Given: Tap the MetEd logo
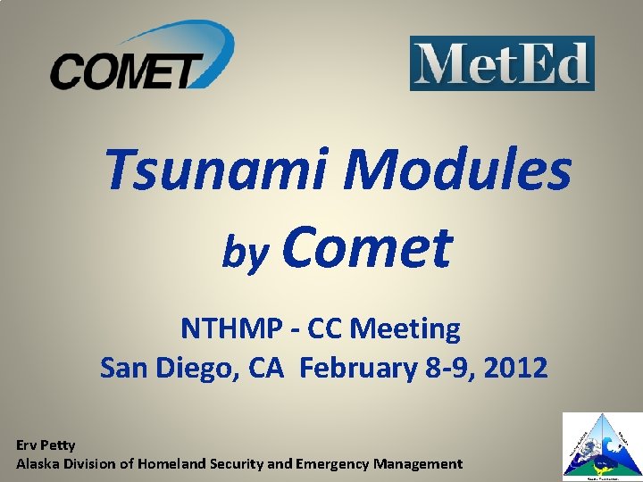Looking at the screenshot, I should point(502,63).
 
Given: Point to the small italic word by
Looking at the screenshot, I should point(242,254).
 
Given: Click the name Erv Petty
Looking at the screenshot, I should point(46,445).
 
